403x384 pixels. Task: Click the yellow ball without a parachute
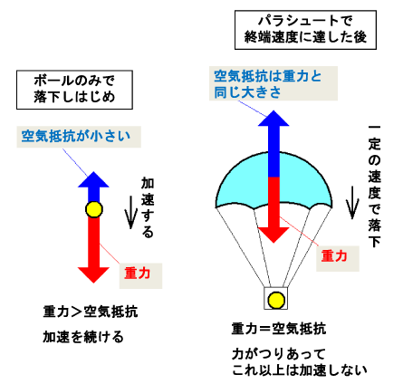coord(94,209)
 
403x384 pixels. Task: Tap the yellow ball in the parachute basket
coord(276,300)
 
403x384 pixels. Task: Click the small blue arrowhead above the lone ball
coord(93,179)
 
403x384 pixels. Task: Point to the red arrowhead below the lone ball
coord(93,275)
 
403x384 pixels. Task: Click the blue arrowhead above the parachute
coord(273,118)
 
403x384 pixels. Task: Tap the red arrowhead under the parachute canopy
coord(273,235)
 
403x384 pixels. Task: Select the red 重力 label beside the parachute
coord(334,256)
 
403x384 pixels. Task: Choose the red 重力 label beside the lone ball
coord(138,274)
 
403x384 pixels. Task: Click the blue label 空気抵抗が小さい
coord(76,137)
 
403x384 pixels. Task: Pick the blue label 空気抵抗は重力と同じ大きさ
coord(268,84)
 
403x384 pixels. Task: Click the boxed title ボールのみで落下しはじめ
coord(74,90)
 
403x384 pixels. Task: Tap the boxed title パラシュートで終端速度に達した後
coord(305,30)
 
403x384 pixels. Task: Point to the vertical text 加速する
coord(148,207)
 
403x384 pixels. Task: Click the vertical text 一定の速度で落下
coord(374,187)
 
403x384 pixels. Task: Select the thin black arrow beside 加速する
coord(131,212)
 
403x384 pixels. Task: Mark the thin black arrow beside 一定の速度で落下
coord(352,202)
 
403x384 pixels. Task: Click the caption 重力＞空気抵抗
coord(91,312)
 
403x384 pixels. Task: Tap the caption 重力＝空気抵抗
coord(279,329)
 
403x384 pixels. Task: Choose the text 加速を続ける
coord(83,337)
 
